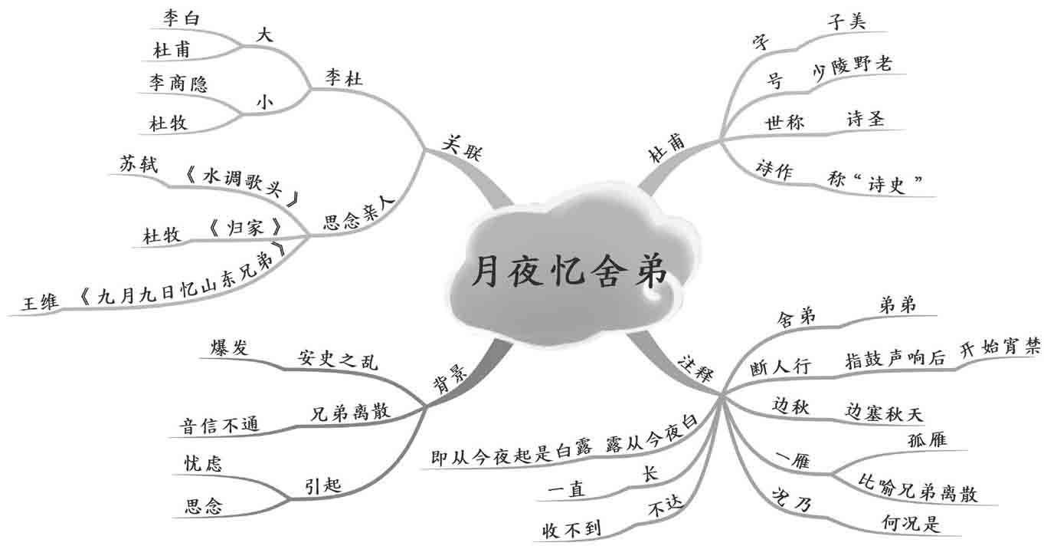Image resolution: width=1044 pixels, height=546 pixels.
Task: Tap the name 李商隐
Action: click(178, 84)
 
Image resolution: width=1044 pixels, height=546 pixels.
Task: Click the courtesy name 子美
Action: click(845, 21)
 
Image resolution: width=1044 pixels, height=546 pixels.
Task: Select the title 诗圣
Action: click(865, 119)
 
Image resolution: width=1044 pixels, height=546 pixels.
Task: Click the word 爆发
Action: click(230, 346)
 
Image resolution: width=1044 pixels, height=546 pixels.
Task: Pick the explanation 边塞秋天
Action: click(884, 413)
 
